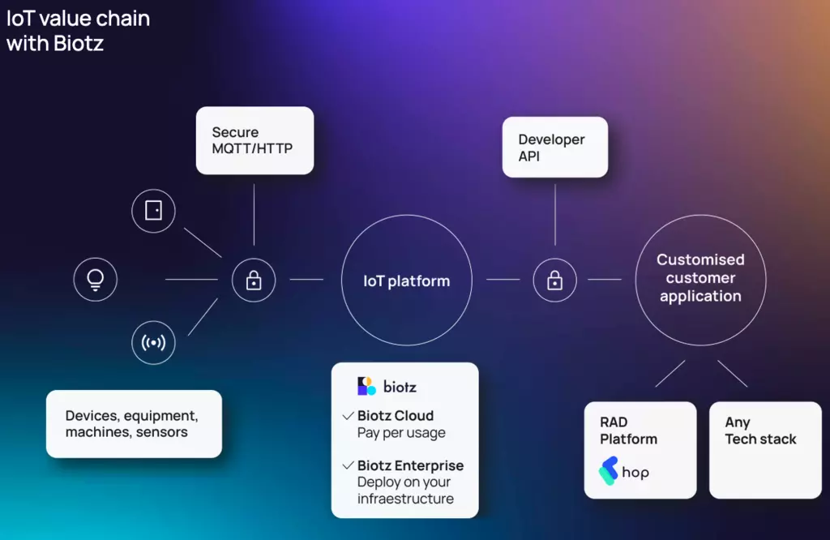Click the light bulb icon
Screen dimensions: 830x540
[x=96, y=280]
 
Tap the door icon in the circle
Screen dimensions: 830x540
[x=153, y=211]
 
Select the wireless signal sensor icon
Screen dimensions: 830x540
[x=153, y=342]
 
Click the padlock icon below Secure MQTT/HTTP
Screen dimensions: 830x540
[x=254, y=280]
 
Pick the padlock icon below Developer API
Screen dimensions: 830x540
[x=554, y=280]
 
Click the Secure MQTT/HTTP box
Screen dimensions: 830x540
[x=255, y=140]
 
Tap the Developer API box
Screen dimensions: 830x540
[x=555, y=148]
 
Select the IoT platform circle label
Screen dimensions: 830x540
[x=407, y=281]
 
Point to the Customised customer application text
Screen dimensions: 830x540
[x=700, y=278]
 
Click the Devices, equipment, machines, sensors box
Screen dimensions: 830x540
[x=134, y=424]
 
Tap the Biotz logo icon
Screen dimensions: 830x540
[x=366, y=386]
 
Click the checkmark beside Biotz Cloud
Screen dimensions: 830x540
[x=348, y=416]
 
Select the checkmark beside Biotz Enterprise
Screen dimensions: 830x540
[x=348, y=465]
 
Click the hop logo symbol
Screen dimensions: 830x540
[x=608, y=470]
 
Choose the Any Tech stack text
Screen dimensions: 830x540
[x=760, y=431]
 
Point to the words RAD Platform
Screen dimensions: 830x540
[x=628, y=431]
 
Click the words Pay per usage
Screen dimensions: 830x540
[x=401, y=433]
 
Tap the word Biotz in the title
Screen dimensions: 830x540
[x=79, y=44]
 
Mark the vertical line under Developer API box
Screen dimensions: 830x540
[x=555, y=214]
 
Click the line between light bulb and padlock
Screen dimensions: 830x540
[x=191, y=280]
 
